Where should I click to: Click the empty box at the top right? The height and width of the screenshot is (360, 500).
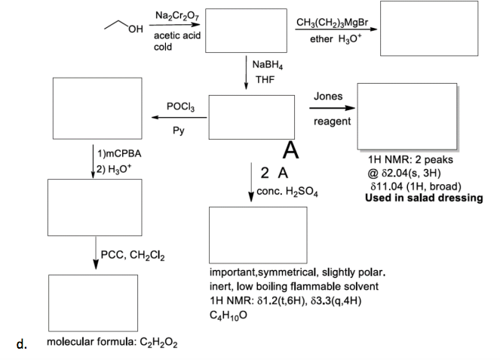pos(428,28)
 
